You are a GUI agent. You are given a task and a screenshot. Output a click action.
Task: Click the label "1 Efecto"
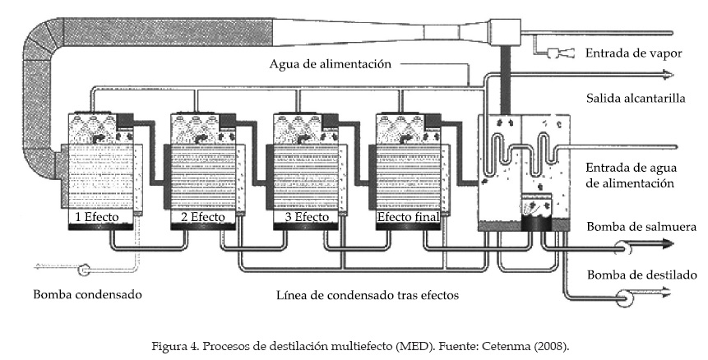point(98,218)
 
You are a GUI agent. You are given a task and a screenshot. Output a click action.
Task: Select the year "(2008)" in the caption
point(548,345)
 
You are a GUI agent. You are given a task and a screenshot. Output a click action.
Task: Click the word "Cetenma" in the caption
point(509,345)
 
